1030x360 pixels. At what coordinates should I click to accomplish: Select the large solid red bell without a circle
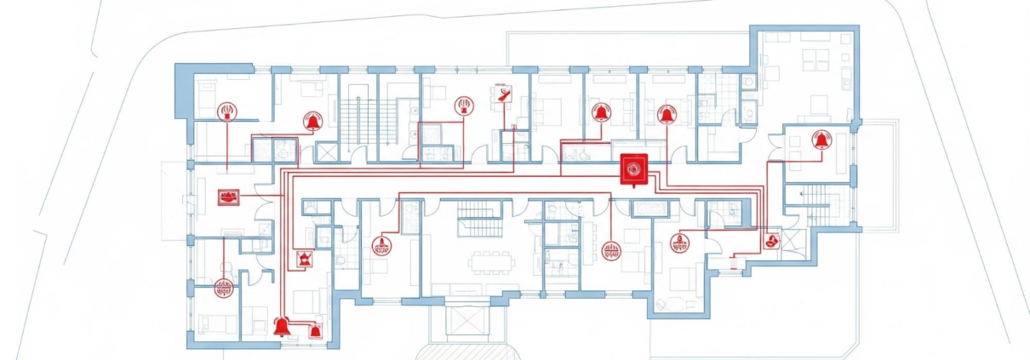[x=282, y=325]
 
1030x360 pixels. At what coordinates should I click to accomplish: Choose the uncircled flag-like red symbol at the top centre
[x=503, y=94]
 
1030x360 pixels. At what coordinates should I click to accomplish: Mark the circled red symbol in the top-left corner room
[x=227, y=111]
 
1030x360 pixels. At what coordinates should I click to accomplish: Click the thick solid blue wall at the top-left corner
[x=183, y=89]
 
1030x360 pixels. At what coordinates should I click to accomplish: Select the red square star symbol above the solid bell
[x=302, y=259]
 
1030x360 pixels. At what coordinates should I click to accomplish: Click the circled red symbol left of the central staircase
[x=382, y=248]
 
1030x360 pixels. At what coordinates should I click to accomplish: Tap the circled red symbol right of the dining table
[x=610, y=250]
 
